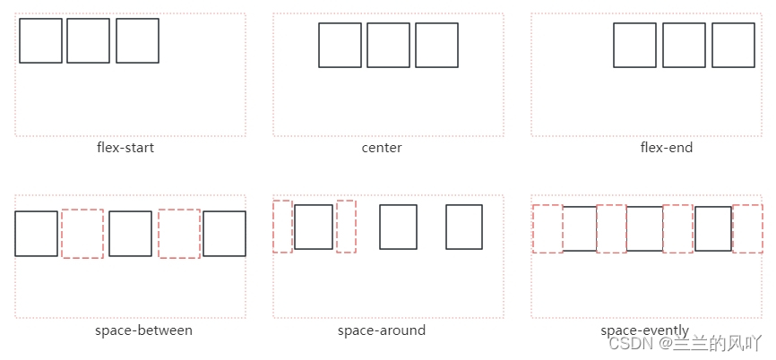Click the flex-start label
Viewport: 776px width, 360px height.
[x=125, y=147]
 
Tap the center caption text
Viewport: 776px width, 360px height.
[x=382, y=147]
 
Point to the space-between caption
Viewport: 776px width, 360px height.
[x=143, y=330]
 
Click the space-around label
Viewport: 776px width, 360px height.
[x=382, y=330]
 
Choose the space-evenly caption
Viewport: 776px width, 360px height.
[x=645, y=330]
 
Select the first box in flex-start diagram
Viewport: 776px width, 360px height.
[x=40, y=41]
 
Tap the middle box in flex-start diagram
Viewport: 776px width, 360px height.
[x=88, y=41]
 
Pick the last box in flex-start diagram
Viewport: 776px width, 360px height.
[x=137, y=41]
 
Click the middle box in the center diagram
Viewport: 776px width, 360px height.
[x=388, y=45]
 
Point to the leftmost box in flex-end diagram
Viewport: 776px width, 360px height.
[x=634, y=45]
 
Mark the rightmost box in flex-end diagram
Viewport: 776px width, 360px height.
[x=733, y=45]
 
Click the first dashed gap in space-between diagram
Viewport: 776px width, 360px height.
[x=82, y=234]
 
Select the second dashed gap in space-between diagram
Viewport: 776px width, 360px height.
[x=179, y=234]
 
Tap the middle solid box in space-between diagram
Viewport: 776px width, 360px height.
[x=131, y=234]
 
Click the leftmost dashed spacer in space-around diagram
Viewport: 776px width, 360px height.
[x=282, y=227]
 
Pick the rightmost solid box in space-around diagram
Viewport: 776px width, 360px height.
[x=464, y=227]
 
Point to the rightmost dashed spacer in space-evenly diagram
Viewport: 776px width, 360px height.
[x=747, y=228]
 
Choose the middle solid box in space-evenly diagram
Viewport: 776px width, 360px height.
[x=644, y=228]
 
